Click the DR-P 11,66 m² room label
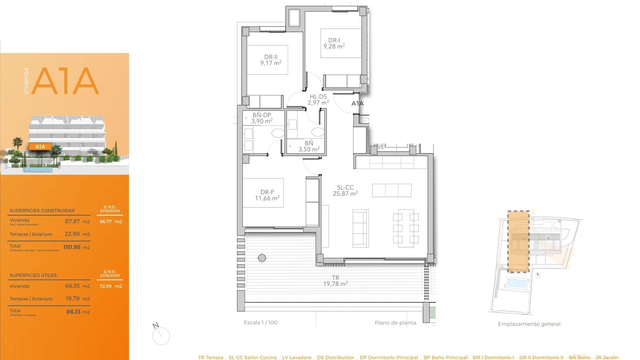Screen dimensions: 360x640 pyautogui.click(x=267, y=195)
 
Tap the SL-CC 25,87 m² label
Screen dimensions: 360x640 pyautogui.click(x=345, y=191)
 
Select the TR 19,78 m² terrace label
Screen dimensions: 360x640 pyautogui.click(x=335, y=281)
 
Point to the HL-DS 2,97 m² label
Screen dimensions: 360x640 pyautogui.click(x=318, y=100)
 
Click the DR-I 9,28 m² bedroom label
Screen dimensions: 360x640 pyautogui.click(x=334, y=43)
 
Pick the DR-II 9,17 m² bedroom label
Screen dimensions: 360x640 pyautogui.click(x=271, y=60)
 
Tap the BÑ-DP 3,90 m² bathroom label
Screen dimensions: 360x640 pyautogui.click(x=262, y=118)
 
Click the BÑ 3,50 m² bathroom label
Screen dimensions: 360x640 pyautogui.click(x=309, y=146)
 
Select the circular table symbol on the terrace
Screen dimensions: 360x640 pyautogui.click(x=262, y=258)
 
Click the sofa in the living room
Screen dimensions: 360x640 pyautogui.click(x=361, y=228)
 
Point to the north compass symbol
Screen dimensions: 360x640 pyautogui.click(x=161, y=335)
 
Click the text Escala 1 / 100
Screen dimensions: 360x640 pyautogui.click(x=260, y=322)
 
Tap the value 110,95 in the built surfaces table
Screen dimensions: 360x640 pyautogui.click(x=72, y=247)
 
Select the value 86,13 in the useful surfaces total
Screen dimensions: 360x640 pyautogui.click(x=73, y=312)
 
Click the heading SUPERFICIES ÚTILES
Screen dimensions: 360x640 pyautogui.click(x=33, y=275)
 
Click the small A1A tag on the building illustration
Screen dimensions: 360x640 pyautogui.click(x=40, y=146)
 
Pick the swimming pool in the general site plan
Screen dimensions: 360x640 pyautogui.click(x=516, y=283)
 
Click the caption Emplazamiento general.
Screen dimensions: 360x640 pyautogui.click(x=529, y=324)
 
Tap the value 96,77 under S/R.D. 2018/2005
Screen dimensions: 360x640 pyautogui.click(x=106, y=221)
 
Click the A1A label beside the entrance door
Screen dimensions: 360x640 pyautogui.click(x=357, y=103)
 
